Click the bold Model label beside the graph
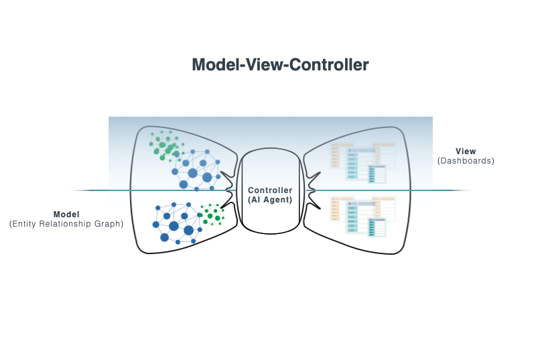66,215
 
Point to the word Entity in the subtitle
25,224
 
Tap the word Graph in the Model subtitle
109,224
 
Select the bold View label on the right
466,152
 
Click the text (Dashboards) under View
466,161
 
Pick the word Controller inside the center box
270,190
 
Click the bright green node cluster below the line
212,215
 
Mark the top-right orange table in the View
385,154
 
